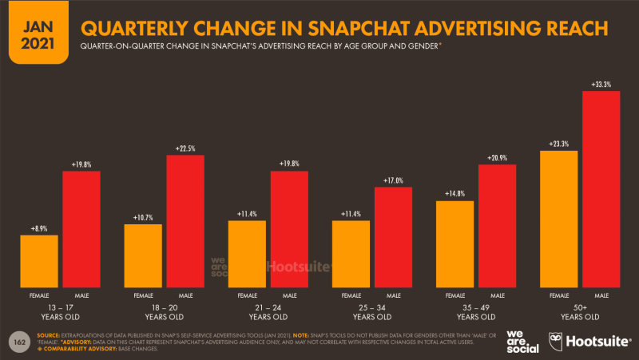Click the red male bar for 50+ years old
[x=601, y=189]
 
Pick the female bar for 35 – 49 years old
[x=454, y=243]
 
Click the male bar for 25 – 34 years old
[x=393, y=237]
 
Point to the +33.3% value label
[x=601, y=84]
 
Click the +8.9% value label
[x=39, y=228]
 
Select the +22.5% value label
[x=185, y=148]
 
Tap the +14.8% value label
[x=454, y=194]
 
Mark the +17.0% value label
[x=393, y=180]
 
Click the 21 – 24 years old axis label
[x=268, y=310]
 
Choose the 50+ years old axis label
[x=579, y=310]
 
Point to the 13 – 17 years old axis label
[x=60, y=310]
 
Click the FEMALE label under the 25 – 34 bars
[x=351, y=295]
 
